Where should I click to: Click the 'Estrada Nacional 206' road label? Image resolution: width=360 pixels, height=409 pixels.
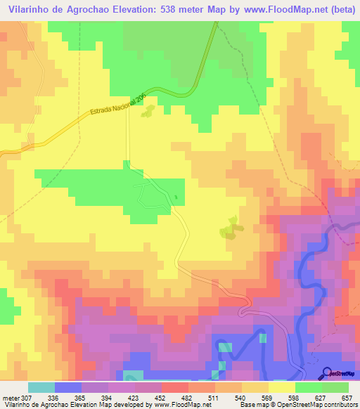[x=119, y=108]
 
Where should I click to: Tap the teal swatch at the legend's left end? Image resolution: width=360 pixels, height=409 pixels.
[x=41, y=387]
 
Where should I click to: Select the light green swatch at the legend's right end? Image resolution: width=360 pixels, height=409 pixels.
[x=335, y=387]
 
